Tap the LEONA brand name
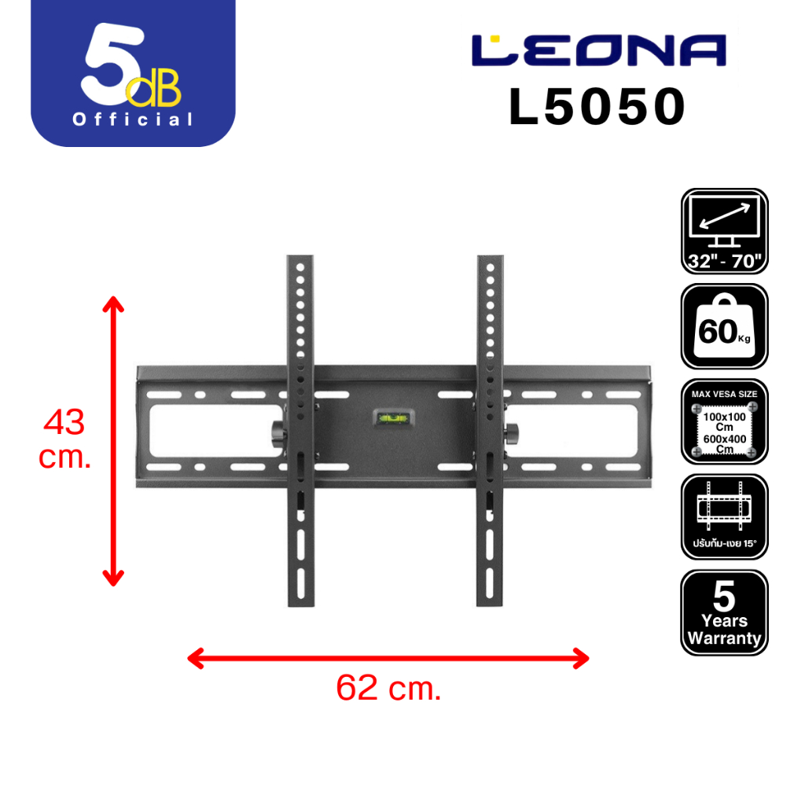(x=598, y=51)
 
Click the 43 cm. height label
(x=65, y=439)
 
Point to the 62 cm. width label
(x=388, y=689)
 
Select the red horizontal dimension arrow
(x=388, y=658)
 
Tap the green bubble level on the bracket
(x=391, y=417)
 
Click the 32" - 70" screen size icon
(x=724, y=231)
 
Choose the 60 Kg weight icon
(x=724, y=326)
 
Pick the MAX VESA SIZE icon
(x=724, y=422)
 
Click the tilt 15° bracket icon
(x=724, y=516)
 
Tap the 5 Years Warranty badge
(x=724, y=612)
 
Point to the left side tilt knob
(x=278, y=432)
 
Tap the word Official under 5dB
(x=133, y=119)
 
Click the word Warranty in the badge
(x=724, y=638)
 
